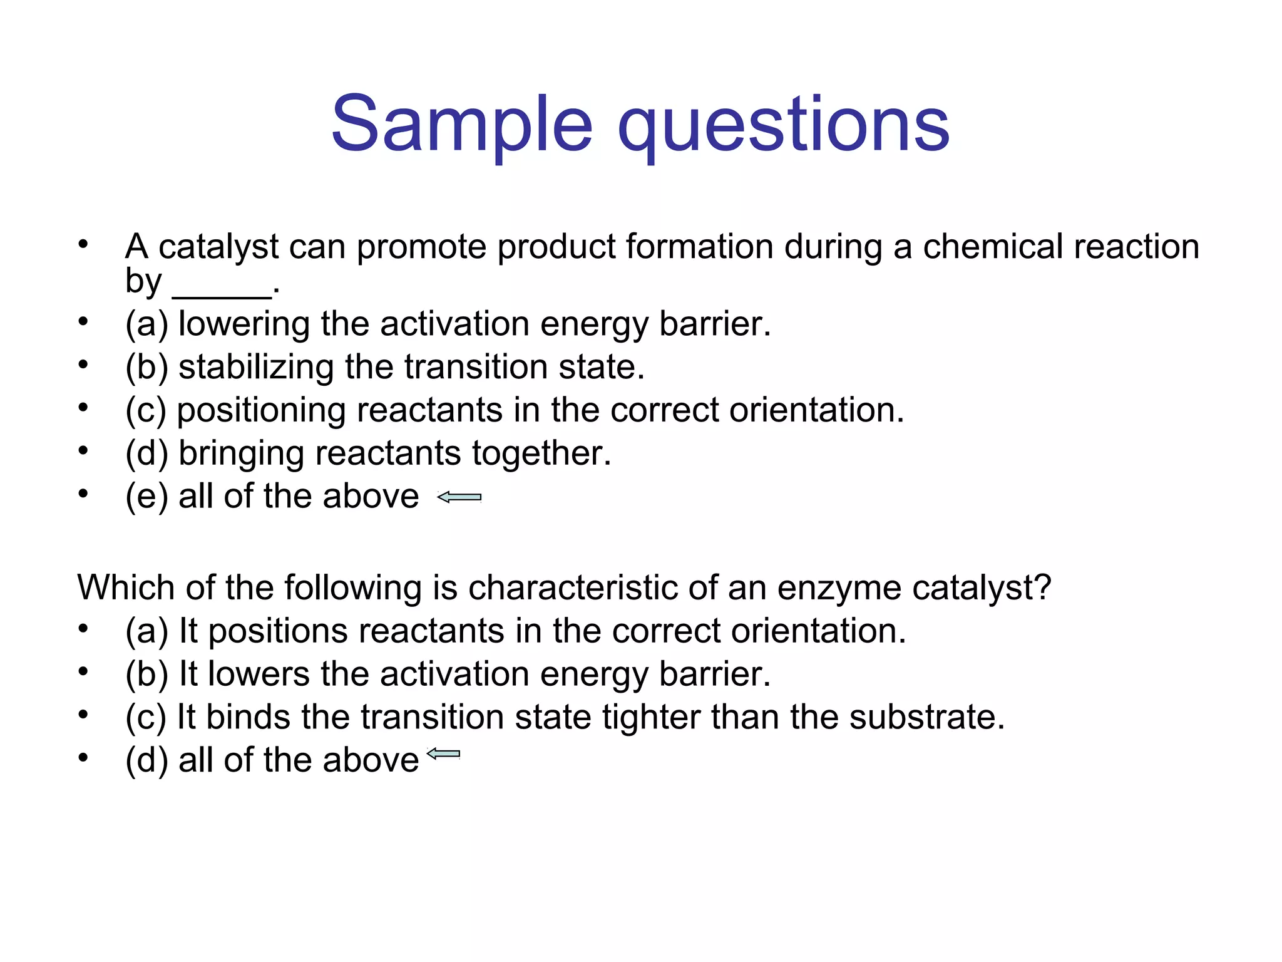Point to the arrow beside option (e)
(x=459, y=497)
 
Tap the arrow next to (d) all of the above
(x=443, y=753)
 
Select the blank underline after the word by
(x=222, y=294)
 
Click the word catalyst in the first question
(x=218, y=247)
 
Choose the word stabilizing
(x=256, y=368)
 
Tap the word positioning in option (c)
(x=261, y=411)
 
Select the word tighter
(x=651, y=718)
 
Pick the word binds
(x=248, y=717)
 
